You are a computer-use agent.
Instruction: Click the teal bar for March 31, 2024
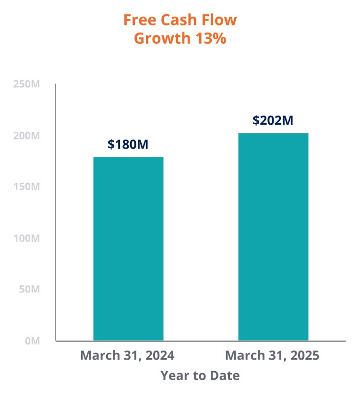(x=128, y=249)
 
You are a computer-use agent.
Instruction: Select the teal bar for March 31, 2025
(x=273, y=237)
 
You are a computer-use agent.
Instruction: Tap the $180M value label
(x=128, y=144)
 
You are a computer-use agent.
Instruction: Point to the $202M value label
(x=273, y=120)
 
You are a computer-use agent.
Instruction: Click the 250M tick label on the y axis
(x=26, y=84)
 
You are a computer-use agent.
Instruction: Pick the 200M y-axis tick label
(x=26, y=136)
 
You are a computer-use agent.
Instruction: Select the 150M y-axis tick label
(x=26, y=187)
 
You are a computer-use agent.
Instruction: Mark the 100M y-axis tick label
(x=26, y=238)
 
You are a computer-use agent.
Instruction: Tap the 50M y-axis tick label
(x=28, y=290)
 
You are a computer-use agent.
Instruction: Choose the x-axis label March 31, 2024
(x=127, y=356)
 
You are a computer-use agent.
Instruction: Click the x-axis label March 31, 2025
(x=272, y=356)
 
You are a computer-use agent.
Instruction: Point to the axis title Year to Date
(x=200, y=375)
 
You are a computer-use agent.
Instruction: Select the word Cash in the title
(x=178, y=20)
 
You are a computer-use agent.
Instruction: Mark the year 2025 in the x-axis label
(x=304, y=356)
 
